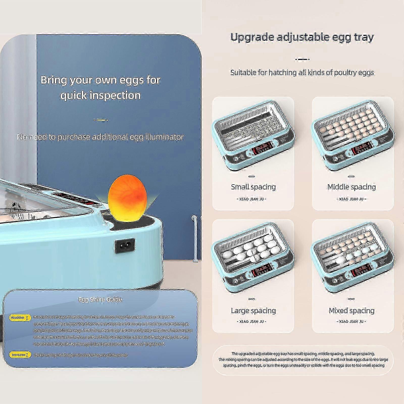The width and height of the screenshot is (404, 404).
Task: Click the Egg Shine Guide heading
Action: (100, 299)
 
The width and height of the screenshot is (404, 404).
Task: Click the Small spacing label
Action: (253, 187)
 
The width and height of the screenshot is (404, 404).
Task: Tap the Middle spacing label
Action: (351, 187)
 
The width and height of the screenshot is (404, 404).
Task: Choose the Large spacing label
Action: (253, 311)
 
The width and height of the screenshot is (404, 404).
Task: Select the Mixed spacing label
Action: (351, 311)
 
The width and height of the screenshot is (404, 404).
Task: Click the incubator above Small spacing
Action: (253, 136)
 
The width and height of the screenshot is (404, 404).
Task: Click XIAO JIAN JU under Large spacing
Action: (252, 321)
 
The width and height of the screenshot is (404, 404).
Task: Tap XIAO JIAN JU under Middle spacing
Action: (351, 199)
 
